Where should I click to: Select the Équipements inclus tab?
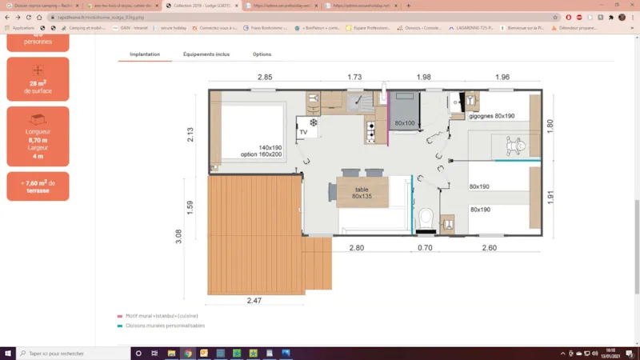click(x=206, y=54)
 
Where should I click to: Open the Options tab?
click(x=262, y=54)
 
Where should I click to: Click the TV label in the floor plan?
click(x=303, y=132)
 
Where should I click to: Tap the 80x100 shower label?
click(x=405, y=123)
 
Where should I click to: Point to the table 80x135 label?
click(x=362, y=193)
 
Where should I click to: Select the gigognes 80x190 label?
click(x=492, y=116)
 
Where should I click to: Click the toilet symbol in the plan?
click(x=426, y=217)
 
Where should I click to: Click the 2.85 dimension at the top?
click(x=265, y=77)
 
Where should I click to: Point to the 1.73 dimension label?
click(x=354, y=77)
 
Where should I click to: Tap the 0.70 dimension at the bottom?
click(x=426, y=248)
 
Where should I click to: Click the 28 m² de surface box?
click(x=38, y=78)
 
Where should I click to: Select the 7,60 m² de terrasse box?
click(x=38, y=186)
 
